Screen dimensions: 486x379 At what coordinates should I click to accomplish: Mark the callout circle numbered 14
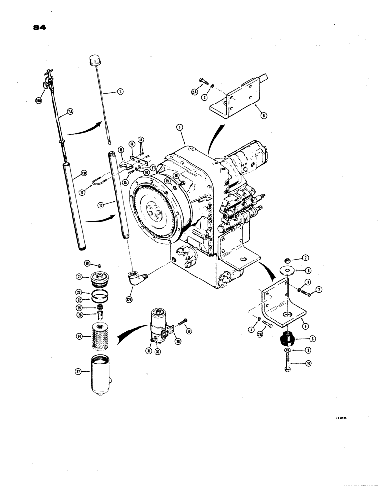coord(131,144)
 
